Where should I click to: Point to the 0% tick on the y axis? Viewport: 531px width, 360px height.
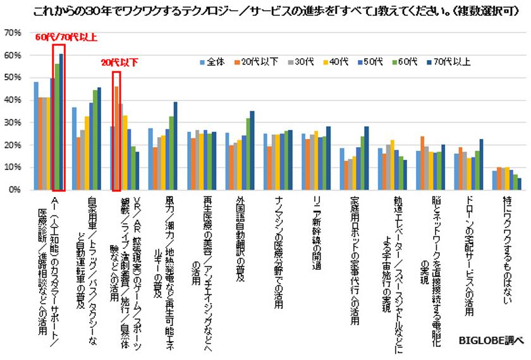14,189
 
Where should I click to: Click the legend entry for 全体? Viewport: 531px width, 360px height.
212,62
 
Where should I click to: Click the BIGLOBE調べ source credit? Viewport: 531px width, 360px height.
492,340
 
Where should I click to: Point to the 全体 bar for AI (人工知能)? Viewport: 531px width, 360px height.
36,135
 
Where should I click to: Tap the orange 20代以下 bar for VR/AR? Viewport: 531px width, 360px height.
116,138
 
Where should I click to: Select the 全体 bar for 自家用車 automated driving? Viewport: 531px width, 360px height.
74,148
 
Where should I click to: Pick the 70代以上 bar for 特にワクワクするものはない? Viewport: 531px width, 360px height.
520,183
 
